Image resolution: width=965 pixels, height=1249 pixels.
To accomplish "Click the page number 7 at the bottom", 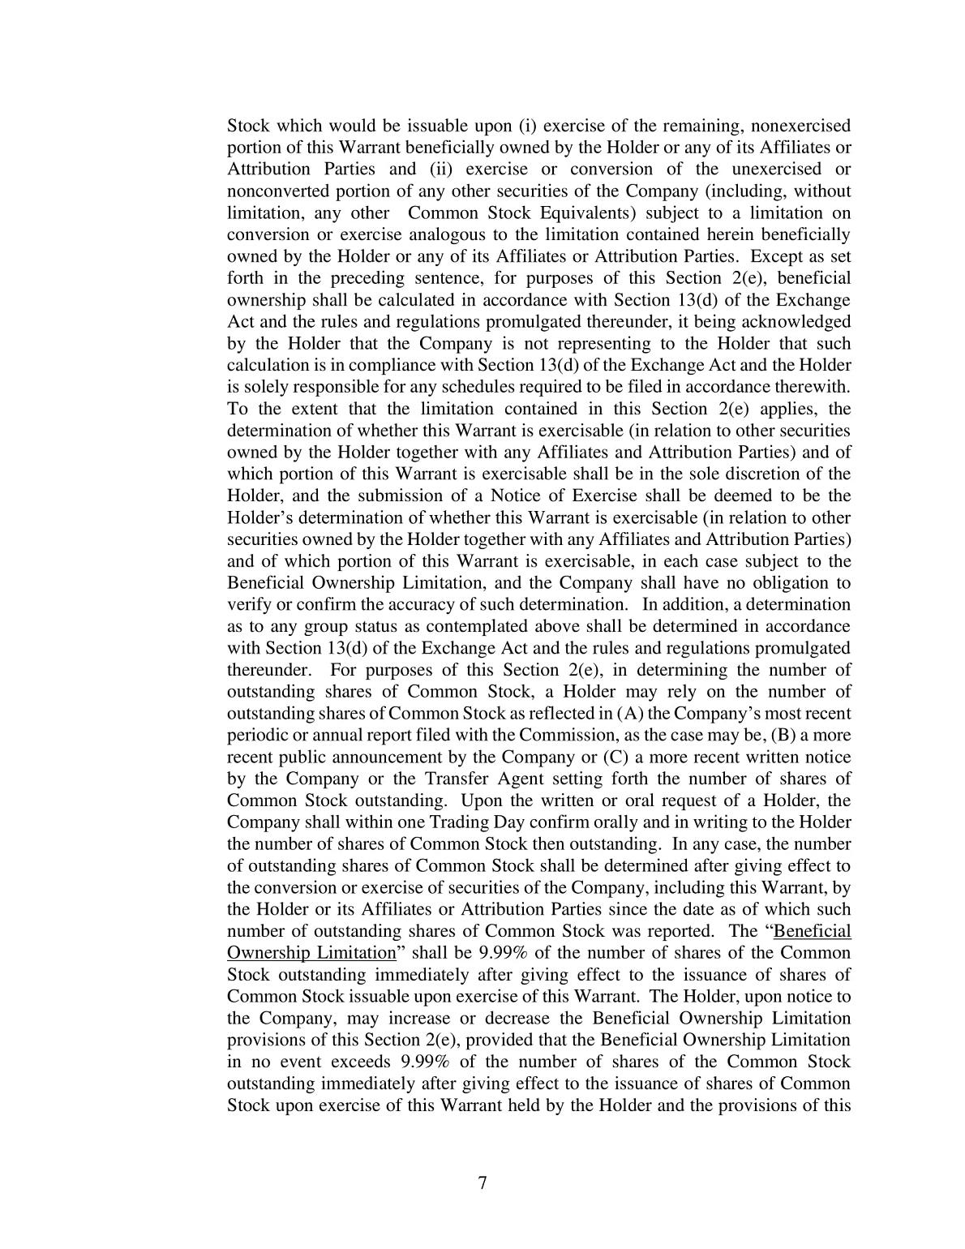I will (482, 1182).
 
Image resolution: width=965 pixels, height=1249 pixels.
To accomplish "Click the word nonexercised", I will (801, 126).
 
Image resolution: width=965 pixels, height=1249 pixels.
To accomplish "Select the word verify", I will (247, 604).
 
